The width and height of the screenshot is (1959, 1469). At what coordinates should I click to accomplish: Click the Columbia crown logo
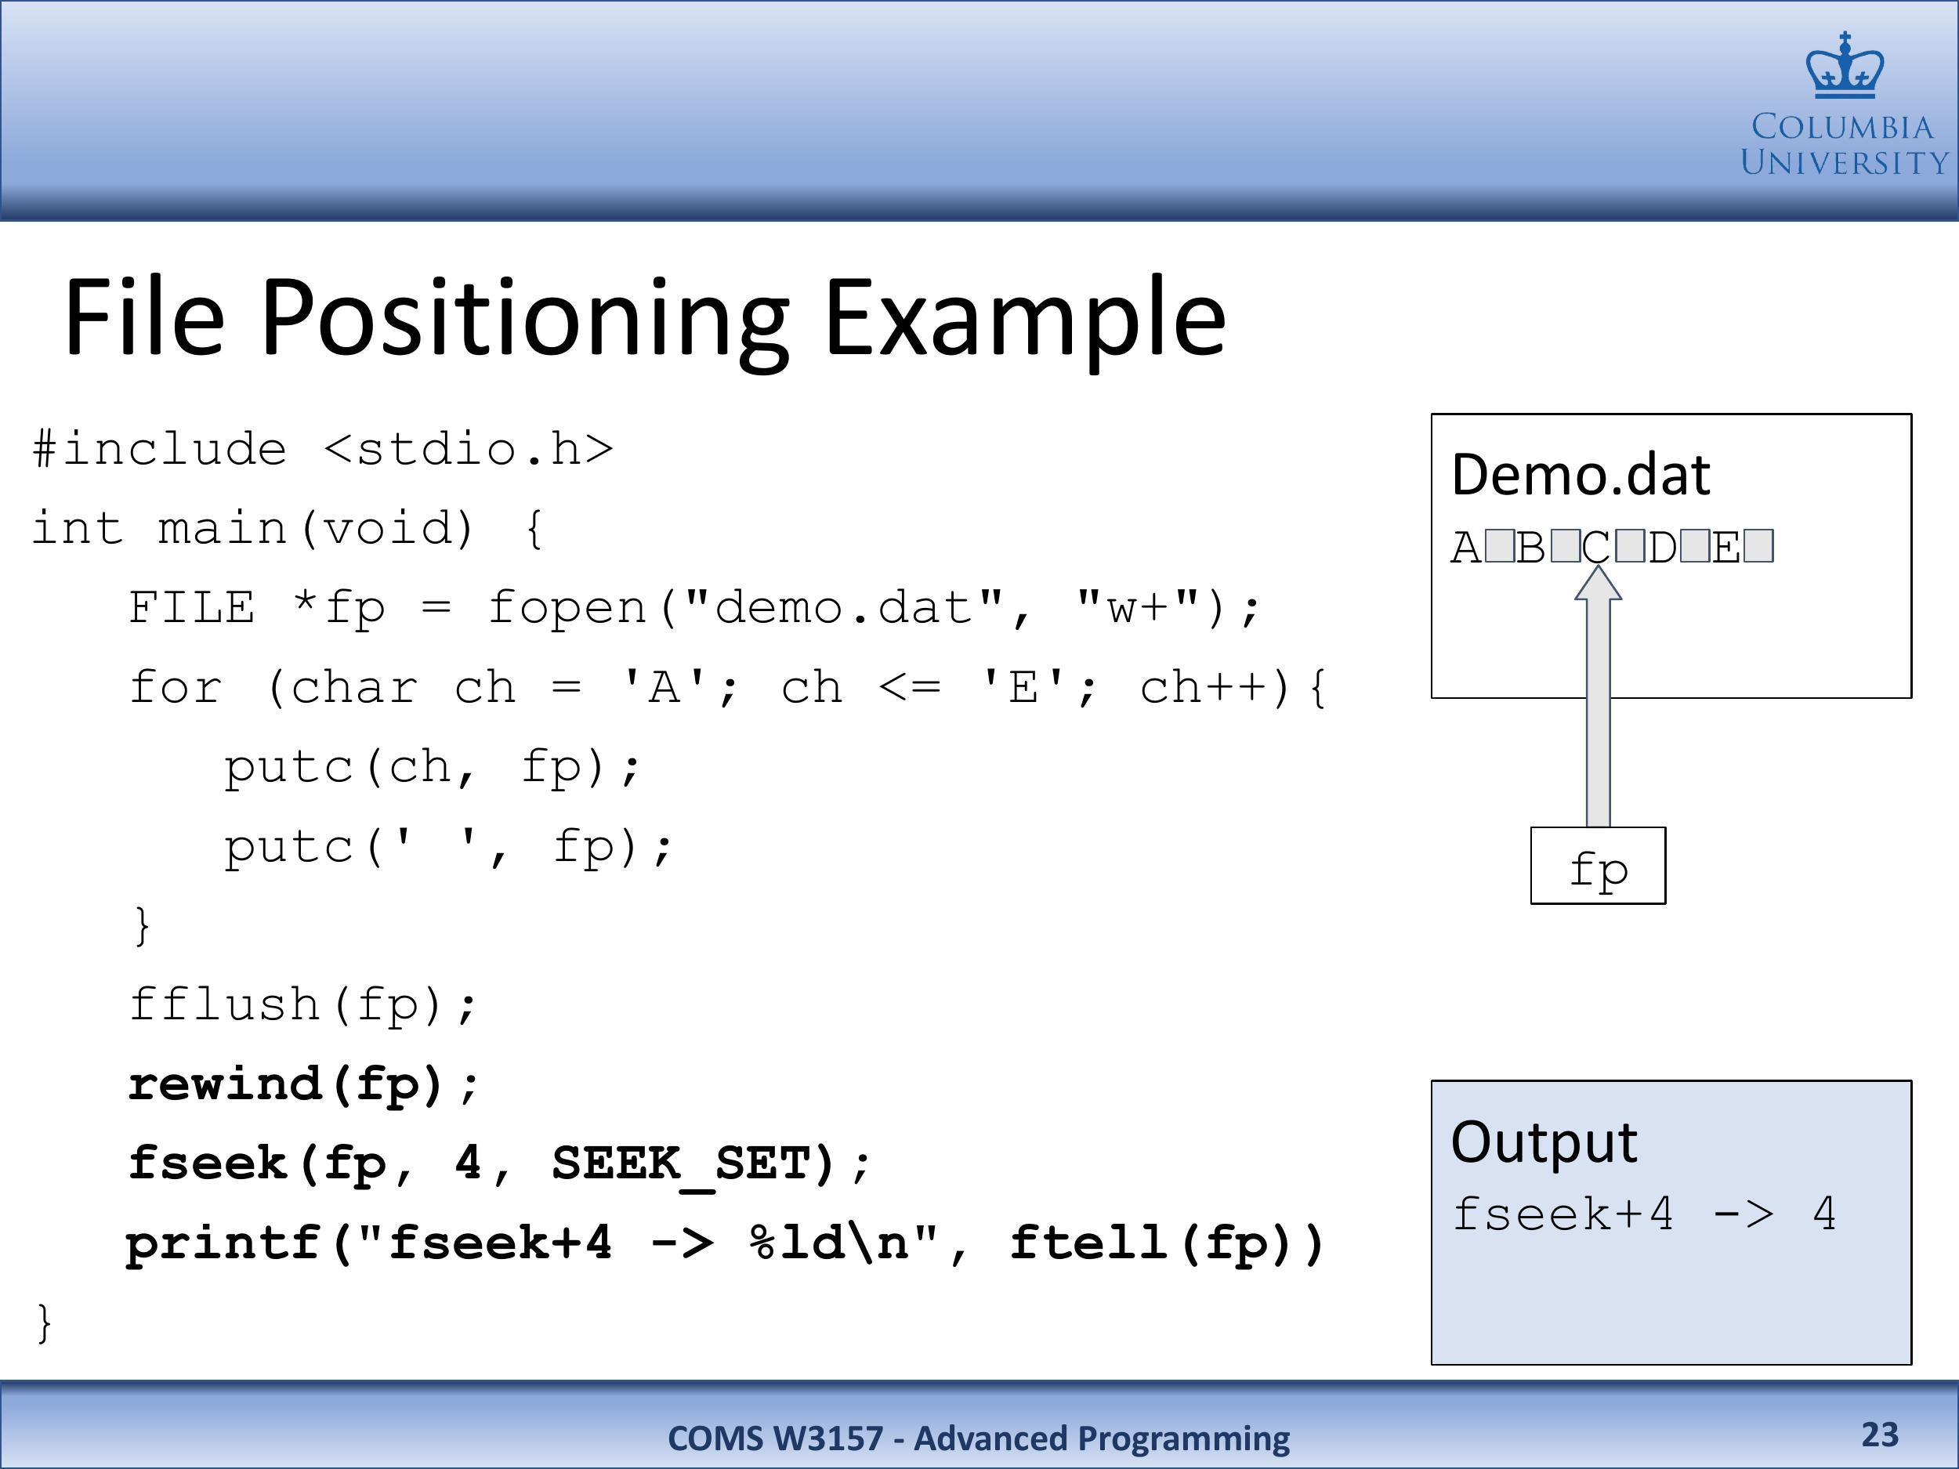(1845, 66)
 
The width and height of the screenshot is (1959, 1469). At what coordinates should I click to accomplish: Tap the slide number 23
(1880, 1434)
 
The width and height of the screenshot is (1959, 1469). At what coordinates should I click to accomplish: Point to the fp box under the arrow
(1598, 865)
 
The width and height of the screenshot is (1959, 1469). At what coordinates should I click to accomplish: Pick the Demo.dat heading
(1581, 475)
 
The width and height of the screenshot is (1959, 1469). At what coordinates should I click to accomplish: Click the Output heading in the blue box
(1544, 1142)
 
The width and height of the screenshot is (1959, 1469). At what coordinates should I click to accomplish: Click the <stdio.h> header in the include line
(469, 449)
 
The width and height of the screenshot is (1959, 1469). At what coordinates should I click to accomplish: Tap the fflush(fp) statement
(304, 1005)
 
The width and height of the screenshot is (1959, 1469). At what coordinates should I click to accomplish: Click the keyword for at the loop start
(176, 688)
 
